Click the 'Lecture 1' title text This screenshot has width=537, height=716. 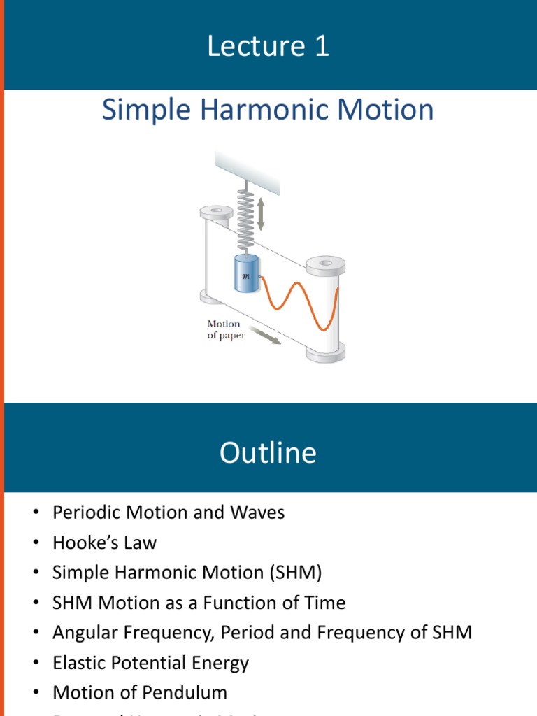click(268, 46)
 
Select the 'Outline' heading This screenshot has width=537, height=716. click(268, 453)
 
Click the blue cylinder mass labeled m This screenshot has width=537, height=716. click(245, 275)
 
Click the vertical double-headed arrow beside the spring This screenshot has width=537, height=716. click(261, 214)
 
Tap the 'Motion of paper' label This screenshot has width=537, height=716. click(224, 329)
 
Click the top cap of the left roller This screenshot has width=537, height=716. click(216, 210)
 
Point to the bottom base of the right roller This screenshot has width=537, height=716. click(326, 353)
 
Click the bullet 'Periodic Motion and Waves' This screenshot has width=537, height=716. click(169, 513)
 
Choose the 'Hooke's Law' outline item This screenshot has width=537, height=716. click(104, 543)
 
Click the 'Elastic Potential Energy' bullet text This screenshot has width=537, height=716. click(150, 663)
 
